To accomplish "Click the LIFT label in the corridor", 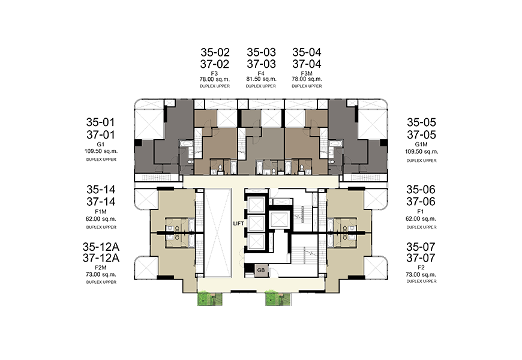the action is [x=238, y=223].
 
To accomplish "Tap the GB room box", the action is [x=261, y=270].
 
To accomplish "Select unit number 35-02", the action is [x=215, y=52].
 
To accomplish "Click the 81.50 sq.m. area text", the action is [x=262, y=79].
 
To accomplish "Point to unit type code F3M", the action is [x=307, y=73].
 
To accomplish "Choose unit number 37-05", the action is [x=421, y=134].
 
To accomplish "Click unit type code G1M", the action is [x=421, y=145].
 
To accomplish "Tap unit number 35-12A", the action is [x=101, y=247].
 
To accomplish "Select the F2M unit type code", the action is [x=101, y=268].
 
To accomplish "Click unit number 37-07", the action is [x=421, y=258].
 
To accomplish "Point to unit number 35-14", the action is [x=101, y=190].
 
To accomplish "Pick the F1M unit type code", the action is [x=101, y=212].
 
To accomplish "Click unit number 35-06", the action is [x=421, y=190].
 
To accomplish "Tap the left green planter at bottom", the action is [x=210, y=298].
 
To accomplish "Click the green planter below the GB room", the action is [x=278, y=298].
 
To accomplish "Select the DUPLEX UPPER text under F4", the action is [x=261, y=86].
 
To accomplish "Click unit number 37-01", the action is [x=101, y=134].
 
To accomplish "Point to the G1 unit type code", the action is [x=101, y=145].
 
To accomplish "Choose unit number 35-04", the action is [x=307, y=52].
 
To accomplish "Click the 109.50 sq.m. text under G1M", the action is [x=421, y=152].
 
